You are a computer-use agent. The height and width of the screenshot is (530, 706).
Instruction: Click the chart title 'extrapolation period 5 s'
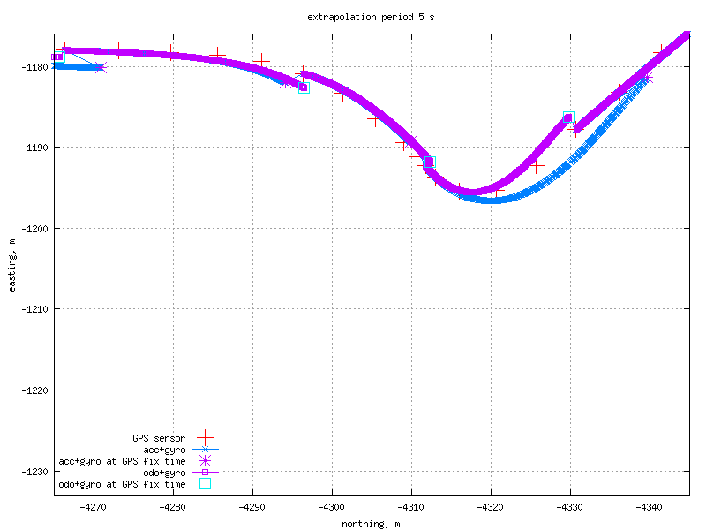(371, 17)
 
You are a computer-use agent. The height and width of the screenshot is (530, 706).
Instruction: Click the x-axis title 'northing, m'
(371, 524)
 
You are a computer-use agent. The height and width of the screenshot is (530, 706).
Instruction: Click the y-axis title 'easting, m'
(11, 265)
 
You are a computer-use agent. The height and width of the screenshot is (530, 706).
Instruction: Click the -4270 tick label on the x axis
(94, 506)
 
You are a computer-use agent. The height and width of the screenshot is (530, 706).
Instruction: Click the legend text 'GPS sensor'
(159, 438)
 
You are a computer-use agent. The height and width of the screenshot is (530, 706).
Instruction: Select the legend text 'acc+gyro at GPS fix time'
(122, 461)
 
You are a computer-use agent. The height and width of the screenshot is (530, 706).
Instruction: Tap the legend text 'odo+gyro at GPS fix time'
(122, 484)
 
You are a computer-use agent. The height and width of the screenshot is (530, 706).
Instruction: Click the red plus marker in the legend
(205, 438)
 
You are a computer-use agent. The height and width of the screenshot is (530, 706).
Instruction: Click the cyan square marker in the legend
(205, 484)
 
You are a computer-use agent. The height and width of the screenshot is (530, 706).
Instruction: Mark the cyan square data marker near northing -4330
(568, 117)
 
